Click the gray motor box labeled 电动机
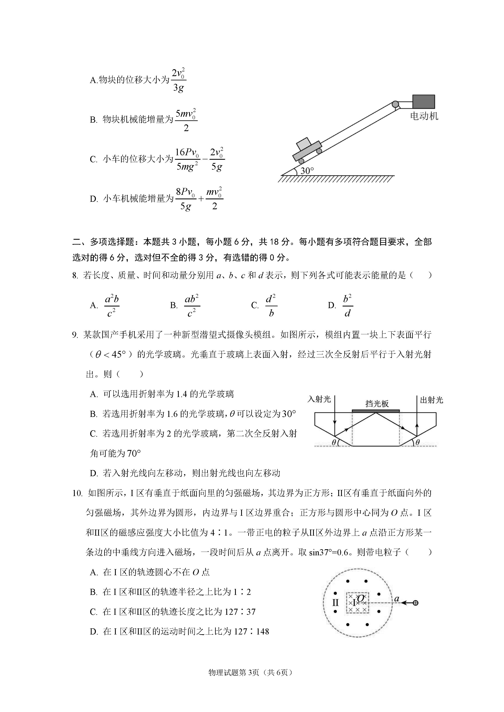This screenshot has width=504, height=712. (x=423, y=101)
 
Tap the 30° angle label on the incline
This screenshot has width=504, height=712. (x=307, y=170)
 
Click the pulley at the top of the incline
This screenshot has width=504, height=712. (x=395, y=104)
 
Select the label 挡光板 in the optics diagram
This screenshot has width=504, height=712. (x=377, y=403)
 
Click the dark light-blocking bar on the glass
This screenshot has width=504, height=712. (x=376, y=411)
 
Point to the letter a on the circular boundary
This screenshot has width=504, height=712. (x=396, y=599)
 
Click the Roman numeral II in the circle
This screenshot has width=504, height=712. (x=335, y=603)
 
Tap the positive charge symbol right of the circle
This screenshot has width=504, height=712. (x=416, y=603)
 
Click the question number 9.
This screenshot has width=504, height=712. (x=75, y=335)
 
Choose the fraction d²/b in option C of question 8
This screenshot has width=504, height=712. (x=271, y=306)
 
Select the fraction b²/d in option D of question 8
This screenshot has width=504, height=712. (x=348, y=306)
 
